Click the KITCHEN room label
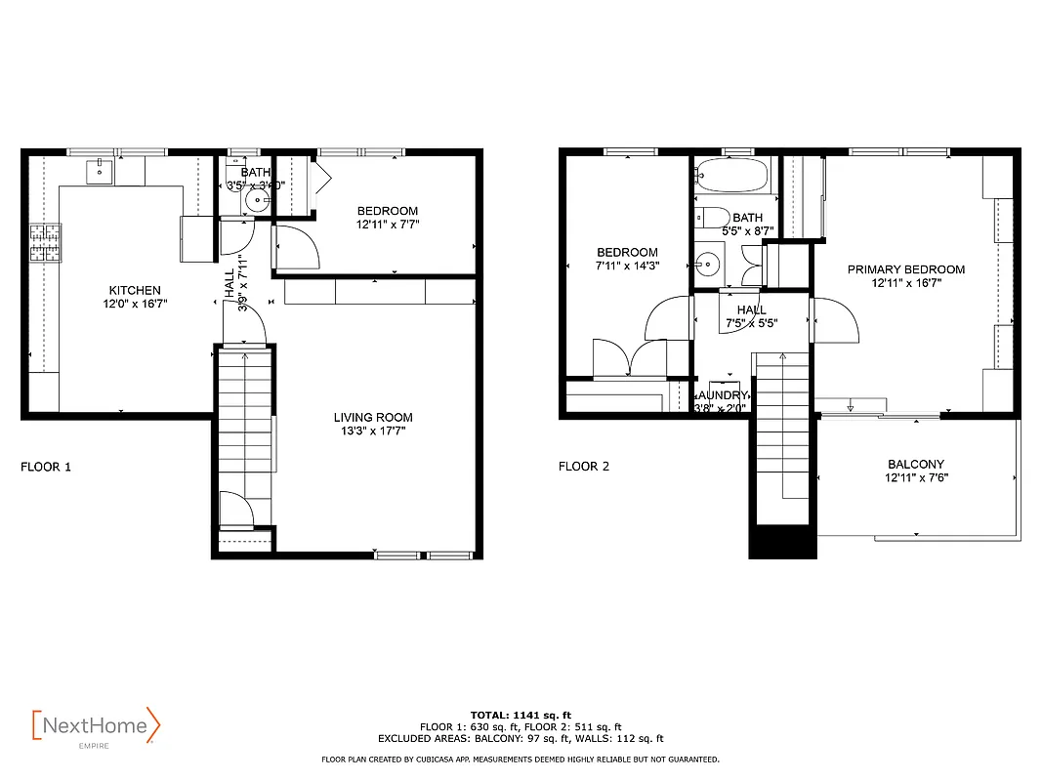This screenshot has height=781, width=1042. [135, 290]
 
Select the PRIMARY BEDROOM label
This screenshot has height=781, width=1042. [905, 269]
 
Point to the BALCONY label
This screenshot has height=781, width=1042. [916, 464]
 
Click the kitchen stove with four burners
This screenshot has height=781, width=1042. [44, 244]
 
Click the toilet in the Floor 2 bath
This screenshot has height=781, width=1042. [713, 217]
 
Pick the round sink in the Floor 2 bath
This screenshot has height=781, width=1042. [708, 263]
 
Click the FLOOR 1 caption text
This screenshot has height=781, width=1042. [46, 467]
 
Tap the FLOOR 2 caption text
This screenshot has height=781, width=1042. [584, 467]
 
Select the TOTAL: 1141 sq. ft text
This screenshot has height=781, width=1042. [521, 715]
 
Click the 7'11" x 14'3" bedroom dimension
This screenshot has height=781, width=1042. [627, 266]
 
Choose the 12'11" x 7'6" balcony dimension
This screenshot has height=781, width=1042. [916, 478]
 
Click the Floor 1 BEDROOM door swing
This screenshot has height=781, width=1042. [296, 246]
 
